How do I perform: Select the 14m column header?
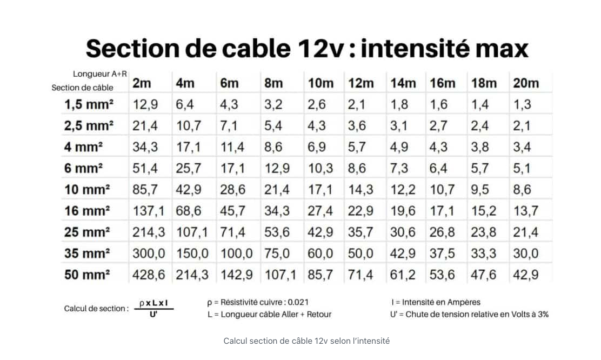(x=403, y=83)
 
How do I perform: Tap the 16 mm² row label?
(x=86, y=211)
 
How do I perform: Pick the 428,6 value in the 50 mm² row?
(x=149, y=275)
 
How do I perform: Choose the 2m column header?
(x=142, y=83)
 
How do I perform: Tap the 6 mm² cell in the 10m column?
(x=320, y=168)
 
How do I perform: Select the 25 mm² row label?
(x=86, y=232)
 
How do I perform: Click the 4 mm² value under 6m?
(x=232, y=147)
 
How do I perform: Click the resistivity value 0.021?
(x=298, y=302)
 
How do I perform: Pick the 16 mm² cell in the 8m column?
(x=277, y=211)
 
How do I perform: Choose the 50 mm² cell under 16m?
(x=442, y=275)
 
